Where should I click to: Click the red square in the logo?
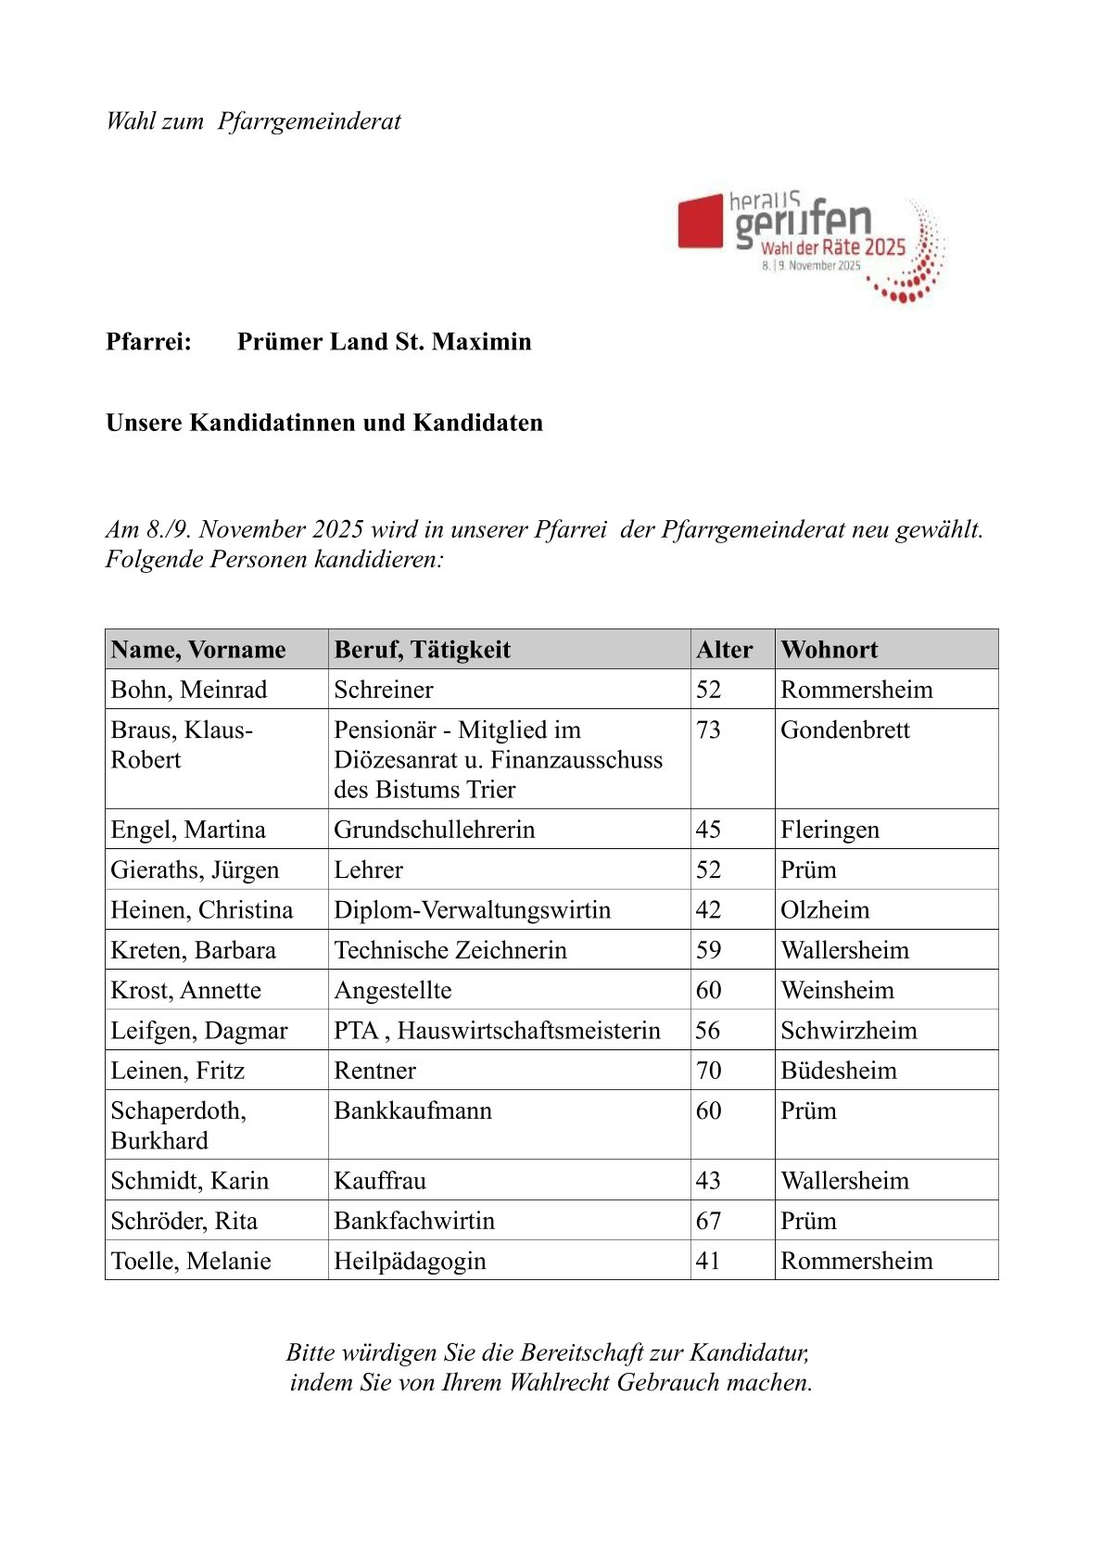click(x=700, y=222)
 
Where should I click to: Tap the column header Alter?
click(x=724, y=650)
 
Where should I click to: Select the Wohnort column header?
click(x=829, y=650)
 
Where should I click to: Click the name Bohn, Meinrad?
click(x=188, y=690)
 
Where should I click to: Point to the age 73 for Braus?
click(x=708, y=730)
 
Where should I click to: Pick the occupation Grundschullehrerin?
click(x=434, y=830)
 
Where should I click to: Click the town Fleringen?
click(x=830, y=830)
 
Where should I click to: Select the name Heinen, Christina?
click(x=201, y=910)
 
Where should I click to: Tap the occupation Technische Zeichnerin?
click(x=450, y=950)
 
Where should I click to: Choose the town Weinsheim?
click(x=837, y=991)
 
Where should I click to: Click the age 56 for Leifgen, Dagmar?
click(x=708, y=1031)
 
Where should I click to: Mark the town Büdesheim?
click(x=838, y=1071)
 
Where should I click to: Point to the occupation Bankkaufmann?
click(x=412, y=1111)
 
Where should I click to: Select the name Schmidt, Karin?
click(x=189, y=1181)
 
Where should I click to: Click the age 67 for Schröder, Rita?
click(x=708, y=1221)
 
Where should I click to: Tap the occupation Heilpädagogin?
click(x=410, y=1262)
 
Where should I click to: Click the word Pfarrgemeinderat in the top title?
click(x=310, y=121)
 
